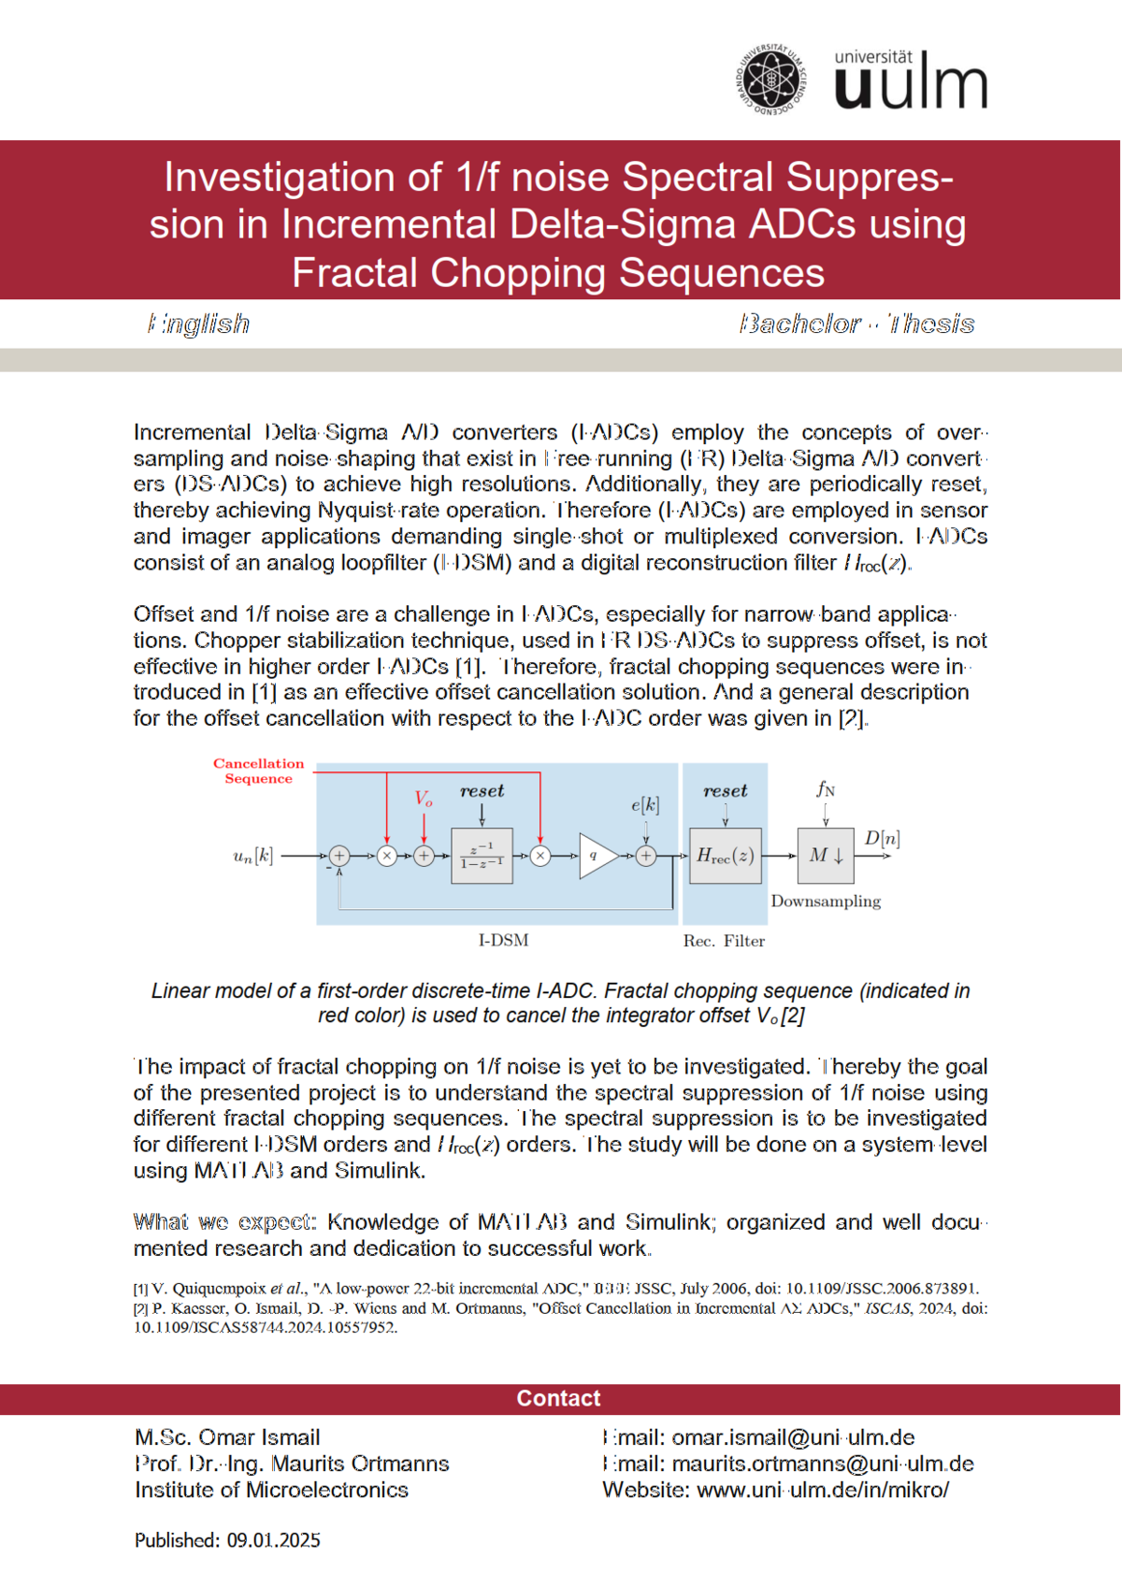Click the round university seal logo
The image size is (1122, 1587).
(770, 79)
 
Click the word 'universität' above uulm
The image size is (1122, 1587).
(873, 57)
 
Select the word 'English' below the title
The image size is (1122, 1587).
(199, 324)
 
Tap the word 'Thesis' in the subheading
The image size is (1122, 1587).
(930, 324)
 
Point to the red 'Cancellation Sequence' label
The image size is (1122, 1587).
(258, 771)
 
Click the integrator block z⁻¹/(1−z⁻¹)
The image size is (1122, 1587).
(482, 855)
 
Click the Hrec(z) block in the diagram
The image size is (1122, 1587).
(726, 855)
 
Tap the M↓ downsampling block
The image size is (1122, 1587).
(826, 855)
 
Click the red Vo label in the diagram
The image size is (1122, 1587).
(424, 799)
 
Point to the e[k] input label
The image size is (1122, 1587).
(645, 804)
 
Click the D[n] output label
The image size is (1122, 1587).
(882, 838)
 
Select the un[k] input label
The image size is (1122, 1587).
(253, 855)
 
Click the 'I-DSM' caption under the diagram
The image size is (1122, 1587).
(503, 940)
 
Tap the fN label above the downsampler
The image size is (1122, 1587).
(826, 788)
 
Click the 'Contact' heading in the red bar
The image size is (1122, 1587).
(559, 1398)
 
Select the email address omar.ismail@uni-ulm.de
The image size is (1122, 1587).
(793, 1437)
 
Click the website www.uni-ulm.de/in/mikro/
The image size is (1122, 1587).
(823, 1490)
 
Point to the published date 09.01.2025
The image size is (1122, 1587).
(273, 1540)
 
